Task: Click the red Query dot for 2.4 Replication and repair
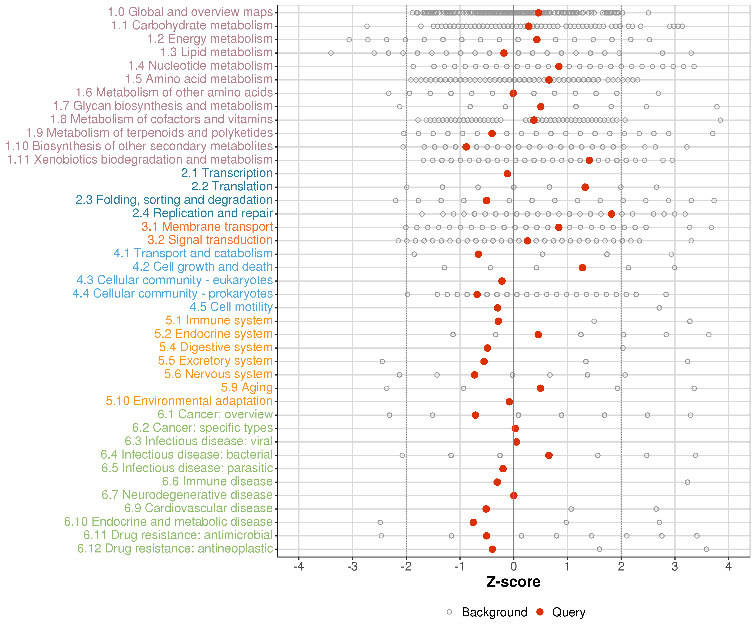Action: click(611, 214)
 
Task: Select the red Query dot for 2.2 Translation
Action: click(585, 187)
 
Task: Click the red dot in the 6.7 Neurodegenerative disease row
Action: click(514, 495)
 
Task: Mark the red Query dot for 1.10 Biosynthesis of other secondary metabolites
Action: click(466, 147)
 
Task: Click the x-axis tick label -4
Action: click(298, 567)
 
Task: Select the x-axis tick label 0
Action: click(513, 567)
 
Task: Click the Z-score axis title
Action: click(513, 582)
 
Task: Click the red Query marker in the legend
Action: click(540, 612)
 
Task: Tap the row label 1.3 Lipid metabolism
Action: click(216, 52)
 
